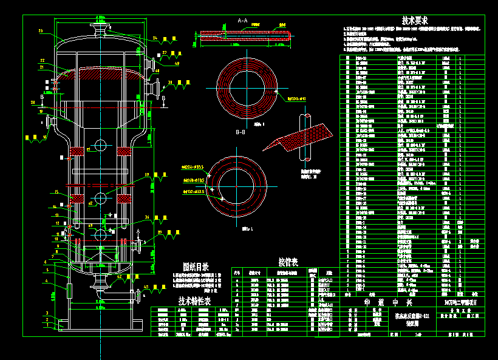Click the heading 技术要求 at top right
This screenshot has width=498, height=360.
[415, 20]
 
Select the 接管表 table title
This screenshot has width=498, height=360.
[288, 262]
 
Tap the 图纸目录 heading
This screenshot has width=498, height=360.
[196, 267]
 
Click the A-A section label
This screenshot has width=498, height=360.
[242, 21]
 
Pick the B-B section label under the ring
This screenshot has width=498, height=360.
[240, 132]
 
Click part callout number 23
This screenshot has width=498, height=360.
[40, 31]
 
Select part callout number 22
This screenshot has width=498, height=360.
[43, 60]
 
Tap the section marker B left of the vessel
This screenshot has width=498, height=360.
[42, 97]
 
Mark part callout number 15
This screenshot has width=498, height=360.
[56, 192]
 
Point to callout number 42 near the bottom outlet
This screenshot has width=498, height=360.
[119, 277]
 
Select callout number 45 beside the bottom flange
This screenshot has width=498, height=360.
[146, 287]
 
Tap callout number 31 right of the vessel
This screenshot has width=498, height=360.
[171, 82]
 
